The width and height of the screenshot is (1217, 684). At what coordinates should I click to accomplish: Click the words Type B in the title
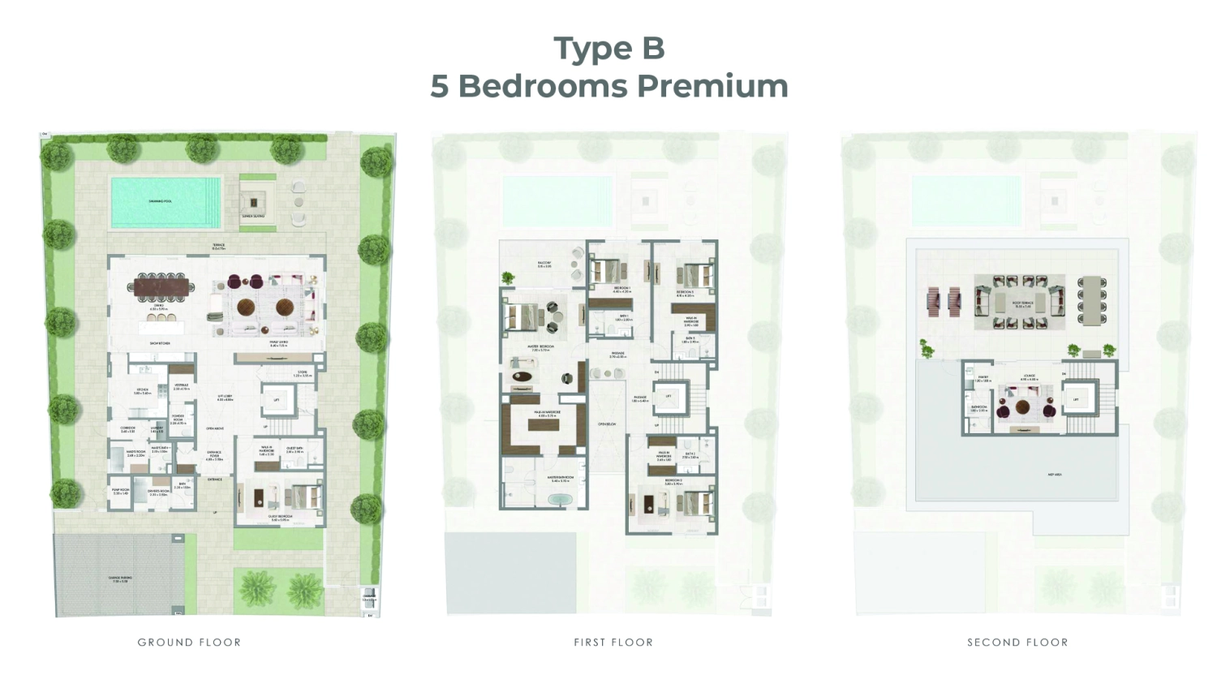(x=608, y=48)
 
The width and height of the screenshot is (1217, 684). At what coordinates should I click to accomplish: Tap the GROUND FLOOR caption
(x=189, y=642)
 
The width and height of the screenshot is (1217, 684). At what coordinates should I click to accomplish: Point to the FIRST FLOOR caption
(x=613, y=642)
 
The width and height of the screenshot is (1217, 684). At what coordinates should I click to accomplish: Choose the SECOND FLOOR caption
(x=1017, y=642)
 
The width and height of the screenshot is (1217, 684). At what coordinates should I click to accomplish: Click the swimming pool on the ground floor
(x=166, y=201)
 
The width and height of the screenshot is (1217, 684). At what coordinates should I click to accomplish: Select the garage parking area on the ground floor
(x=120, y=578)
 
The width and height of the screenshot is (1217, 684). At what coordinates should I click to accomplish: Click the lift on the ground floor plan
(x=276, y=400)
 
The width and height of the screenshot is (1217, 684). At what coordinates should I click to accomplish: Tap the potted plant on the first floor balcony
(x=508, y=278)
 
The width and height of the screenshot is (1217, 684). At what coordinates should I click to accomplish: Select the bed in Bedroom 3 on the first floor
(x=695, y=275)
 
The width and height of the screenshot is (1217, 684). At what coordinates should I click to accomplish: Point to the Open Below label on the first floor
(x=608, y=424)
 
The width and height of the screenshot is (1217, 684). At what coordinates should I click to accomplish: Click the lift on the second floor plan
(x=1076, y=399)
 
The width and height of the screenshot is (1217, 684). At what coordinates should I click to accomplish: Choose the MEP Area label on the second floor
(x=1056, y=475)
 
